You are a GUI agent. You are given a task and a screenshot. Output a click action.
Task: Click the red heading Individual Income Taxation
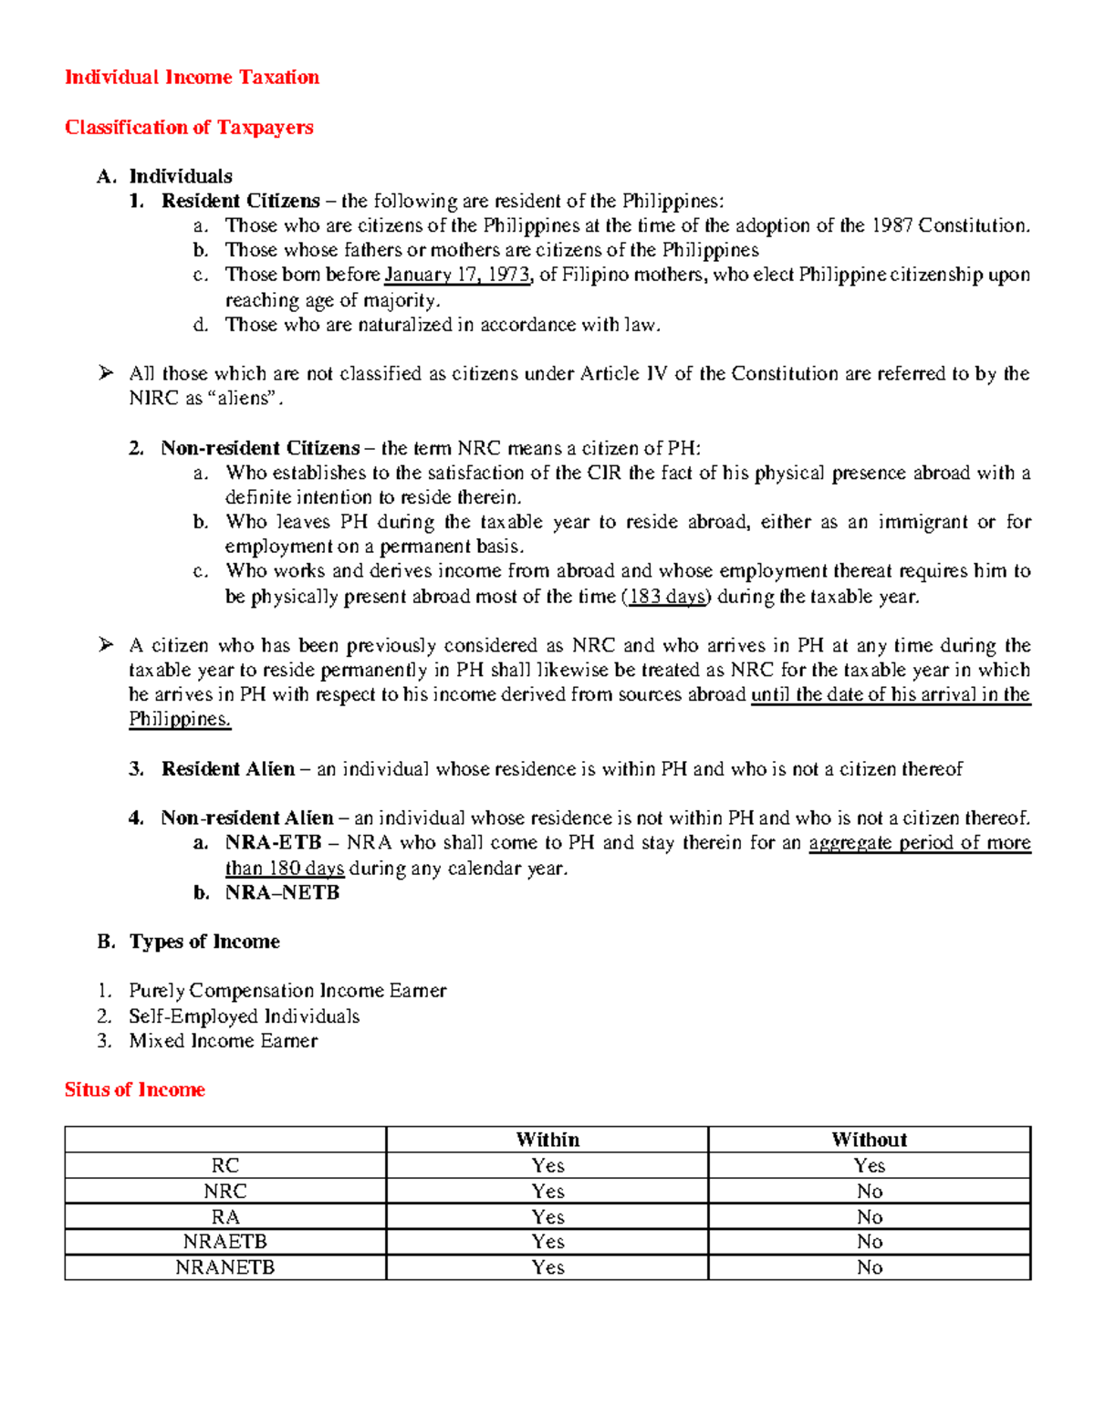pyautogui.click(x=192, y=78)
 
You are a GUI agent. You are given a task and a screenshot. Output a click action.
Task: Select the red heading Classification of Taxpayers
pyautogui.click(x=189, y=128)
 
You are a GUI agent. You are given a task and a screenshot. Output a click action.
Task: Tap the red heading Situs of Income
pyautogui.click(x=134, y=1089)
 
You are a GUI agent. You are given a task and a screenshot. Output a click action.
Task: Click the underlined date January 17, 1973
pyautogui.click(x=457, y=276)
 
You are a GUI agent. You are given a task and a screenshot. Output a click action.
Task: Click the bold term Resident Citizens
pyautogui.click(x=241, y=201)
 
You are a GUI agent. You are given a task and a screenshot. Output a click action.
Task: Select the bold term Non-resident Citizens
pyautogui.click(x=260, y=448)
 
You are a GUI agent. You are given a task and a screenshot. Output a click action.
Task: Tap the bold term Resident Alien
pyautogui.click(x=228, y=769)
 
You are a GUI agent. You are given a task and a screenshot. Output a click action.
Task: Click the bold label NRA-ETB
pyautogui.click(x=273, y=843)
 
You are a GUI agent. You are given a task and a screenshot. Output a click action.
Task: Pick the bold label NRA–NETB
pyautogui.click(x=282, y=892)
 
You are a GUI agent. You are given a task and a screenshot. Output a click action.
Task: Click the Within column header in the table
pyautogui.click(x=547, y=1140)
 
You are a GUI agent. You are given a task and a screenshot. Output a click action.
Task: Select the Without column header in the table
pyautogui.click(x=869, y=1140)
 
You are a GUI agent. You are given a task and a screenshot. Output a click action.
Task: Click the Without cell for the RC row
pyautogui.click(x=869, y=1165)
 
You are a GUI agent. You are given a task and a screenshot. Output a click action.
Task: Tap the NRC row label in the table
pyautogui.click(x=225, y=1191)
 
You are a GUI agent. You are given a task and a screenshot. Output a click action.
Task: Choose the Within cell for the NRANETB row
pyautogui.click(x=547, y=1267)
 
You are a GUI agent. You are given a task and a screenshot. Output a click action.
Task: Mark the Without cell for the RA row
pyautogui.click(x=869, y=1216)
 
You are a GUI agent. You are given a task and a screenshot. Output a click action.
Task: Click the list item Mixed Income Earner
pyautogui.click(x=223, y=1041)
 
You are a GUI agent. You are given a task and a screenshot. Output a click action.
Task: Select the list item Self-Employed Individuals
pyautogui.click(x=244, y=1016)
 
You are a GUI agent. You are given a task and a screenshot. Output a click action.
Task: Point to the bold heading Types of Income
pyautogui.click(x=204, y=942)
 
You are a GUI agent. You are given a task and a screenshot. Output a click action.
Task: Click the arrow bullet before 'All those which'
pyautogui.click(x=106, y=372)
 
